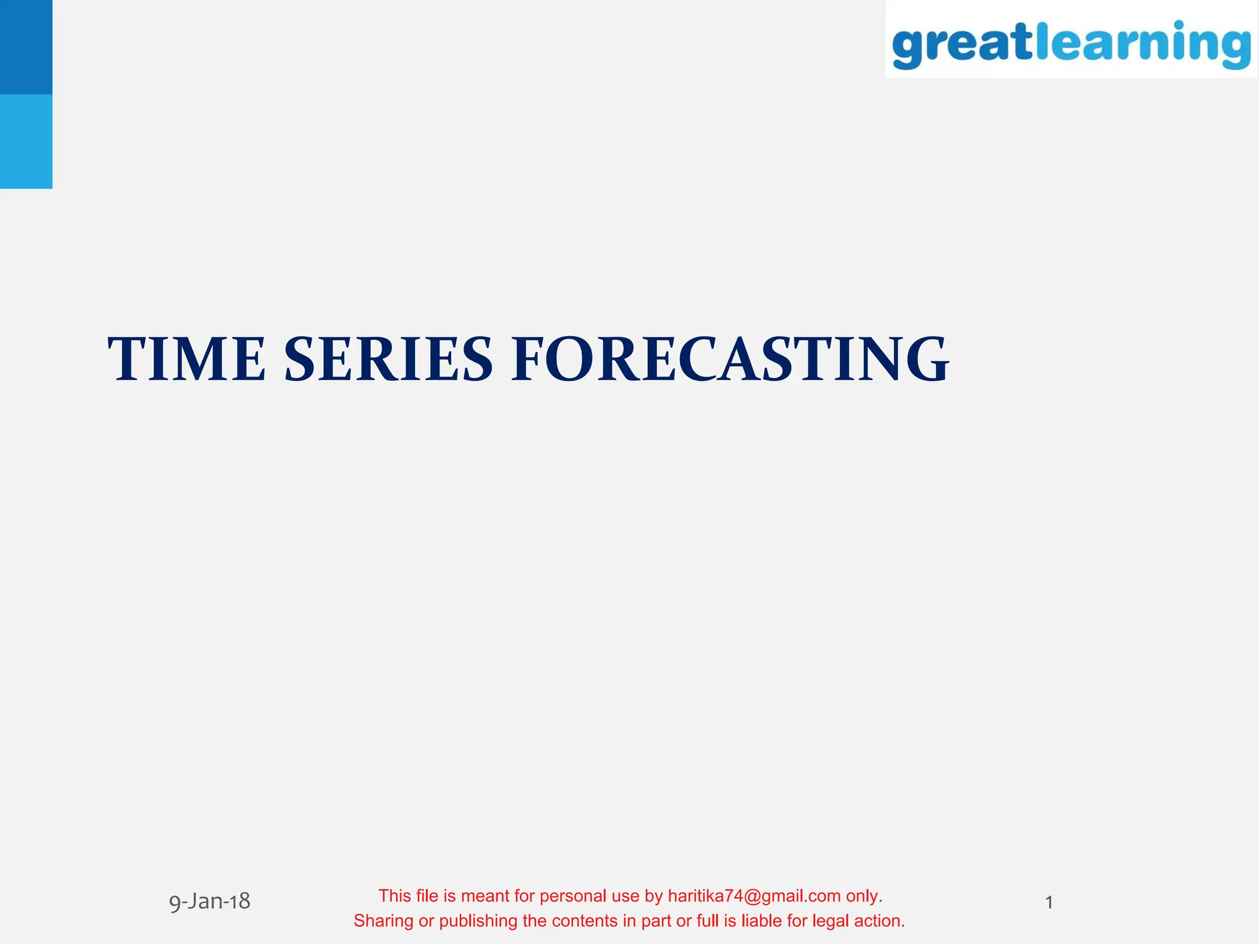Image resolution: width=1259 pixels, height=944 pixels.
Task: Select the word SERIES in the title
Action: (389, 360)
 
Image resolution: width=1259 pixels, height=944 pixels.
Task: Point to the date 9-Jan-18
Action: (210, 902)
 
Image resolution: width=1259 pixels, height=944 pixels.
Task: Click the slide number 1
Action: (1049, 903)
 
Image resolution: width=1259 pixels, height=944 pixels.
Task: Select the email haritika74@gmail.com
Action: (754, 896)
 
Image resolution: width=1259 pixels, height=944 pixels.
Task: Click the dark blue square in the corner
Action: (26, 47)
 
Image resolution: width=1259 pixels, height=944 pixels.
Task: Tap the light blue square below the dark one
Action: (26, 141)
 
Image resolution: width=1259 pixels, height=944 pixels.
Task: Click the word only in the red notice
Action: (864, 896)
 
